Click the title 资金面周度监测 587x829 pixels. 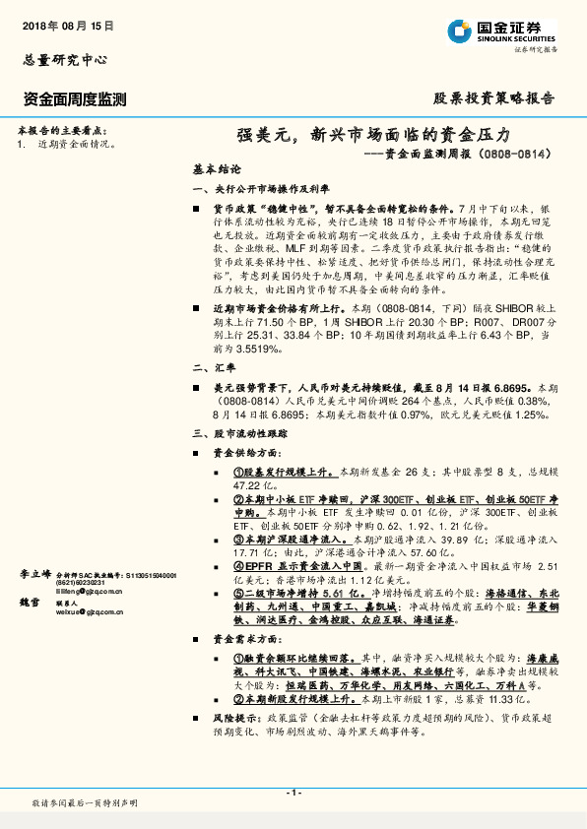[74, 98]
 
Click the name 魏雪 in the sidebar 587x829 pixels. [29, 601]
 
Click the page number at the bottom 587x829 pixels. [293, 793]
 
